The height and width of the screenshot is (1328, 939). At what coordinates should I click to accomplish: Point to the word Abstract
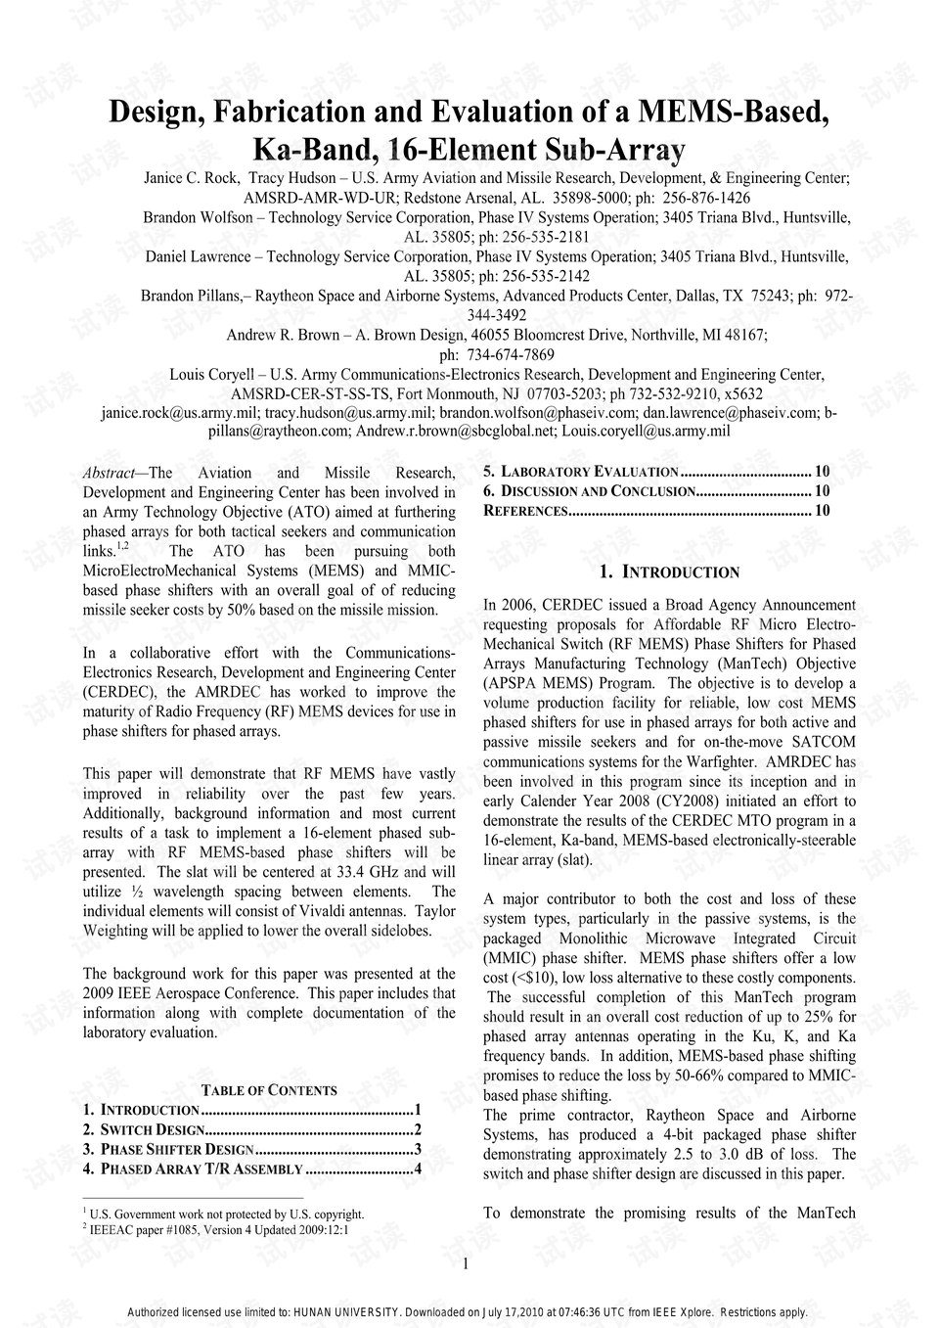coord(109,473)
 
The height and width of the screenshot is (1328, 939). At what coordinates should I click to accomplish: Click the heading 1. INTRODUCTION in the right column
coord(669,572)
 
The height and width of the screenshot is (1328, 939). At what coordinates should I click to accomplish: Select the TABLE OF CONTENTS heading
coord(269,1090)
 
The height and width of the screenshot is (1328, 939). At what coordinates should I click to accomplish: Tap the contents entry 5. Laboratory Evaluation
coord(581,472)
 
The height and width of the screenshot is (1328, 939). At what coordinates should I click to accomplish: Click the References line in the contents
coord(525,511)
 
